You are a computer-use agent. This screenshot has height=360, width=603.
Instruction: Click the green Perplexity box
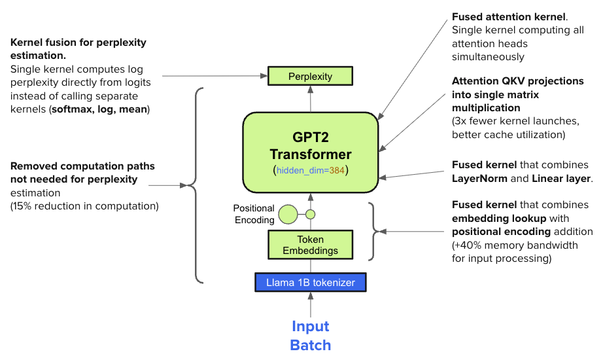tap(311, 76)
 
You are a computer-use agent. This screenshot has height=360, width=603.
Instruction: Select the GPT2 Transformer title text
tap(311, 146)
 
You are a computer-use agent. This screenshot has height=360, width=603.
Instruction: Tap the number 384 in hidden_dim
tap(336, 170)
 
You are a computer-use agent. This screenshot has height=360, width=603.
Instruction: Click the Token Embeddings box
tap(311, 245)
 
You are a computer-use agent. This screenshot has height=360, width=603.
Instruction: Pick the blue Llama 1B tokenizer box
tap(311, 283)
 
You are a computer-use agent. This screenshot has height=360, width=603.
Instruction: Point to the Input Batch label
tap(311, 335)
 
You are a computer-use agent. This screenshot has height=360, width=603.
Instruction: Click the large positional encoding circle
tap(288, 214)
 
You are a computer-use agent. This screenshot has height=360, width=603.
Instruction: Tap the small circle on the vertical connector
tap(311, 214)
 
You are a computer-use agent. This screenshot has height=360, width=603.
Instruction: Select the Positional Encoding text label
tap(255, 214)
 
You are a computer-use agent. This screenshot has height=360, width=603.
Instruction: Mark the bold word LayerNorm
tap(481, 179)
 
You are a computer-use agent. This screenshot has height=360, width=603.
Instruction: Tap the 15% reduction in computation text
tap(84, 206)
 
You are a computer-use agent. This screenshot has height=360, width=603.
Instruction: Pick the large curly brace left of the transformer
tap(195, 186)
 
